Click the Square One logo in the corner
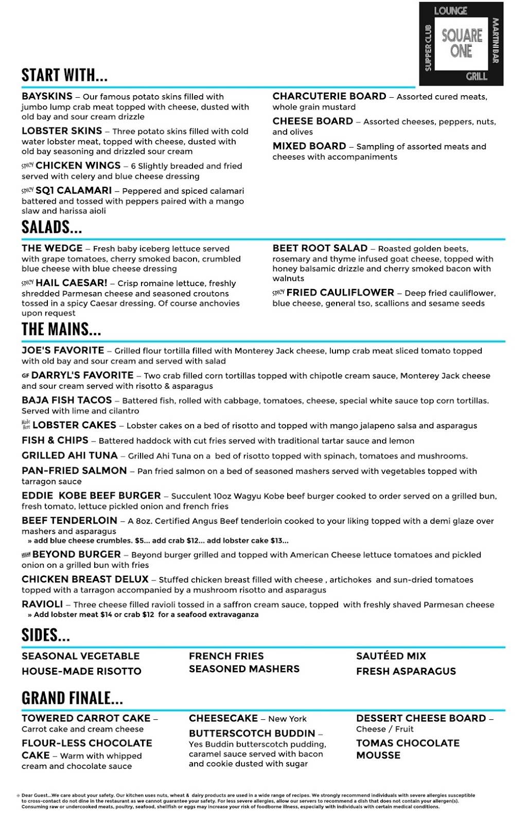pos(461,43)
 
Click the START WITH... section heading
pos(64,75)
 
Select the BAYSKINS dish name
pos(47,96)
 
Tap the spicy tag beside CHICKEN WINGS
pos(27,166)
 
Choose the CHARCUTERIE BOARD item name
pos(329,96)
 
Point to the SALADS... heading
pos(51,227)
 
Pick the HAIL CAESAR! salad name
pos(72,283)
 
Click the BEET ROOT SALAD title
pos(320,248)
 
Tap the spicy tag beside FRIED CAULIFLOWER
pos(278,293)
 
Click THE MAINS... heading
pos(61,329)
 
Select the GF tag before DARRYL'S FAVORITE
pos(25,375)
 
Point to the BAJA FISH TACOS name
pos(66,400)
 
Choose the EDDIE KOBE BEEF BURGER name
pos(91,496)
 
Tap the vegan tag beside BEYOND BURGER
pos(26,555)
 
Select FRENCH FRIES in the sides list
pos(226,656)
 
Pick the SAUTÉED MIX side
pos(391,656)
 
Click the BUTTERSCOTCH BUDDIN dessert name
pos(252,733)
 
